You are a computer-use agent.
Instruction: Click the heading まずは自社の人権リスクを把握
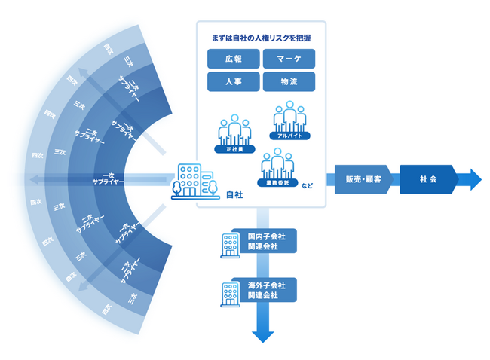261,36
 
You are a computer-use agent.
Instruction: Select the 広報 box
233,58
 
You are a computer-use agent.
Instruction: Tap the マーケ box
289,58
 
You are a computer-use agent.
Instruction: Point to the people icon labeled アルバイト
290,118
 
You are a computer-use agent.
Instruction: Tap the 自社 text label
234,194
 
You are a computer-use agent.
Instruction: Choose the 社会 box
429,179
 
